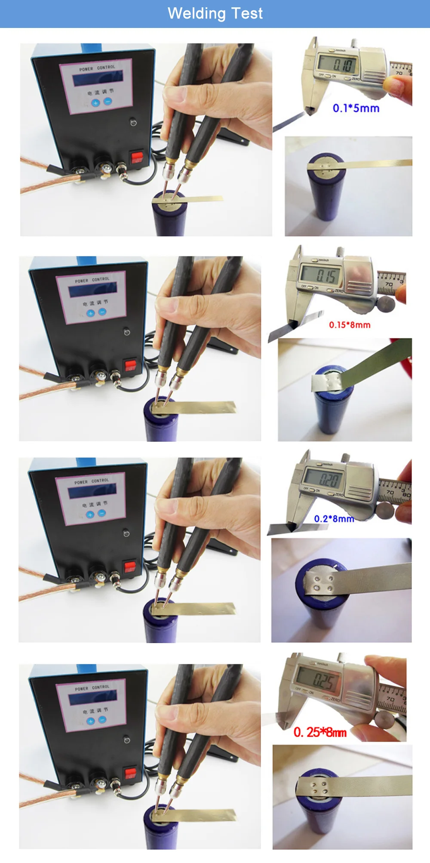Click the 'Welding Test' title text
pyautogui.click(x=215, y=13)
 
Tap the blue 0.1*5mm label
pyautogui.click(x=356, y=108)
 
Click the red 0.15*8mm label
pyautogui.click(x=350, y=325)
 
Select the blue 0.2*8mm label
pyautogui.click(x=334, y=518)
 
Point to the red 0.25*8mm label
pyautogui.click(x=320, y=732)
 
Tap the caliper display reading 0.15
pyautogui.click(x=322, y=274)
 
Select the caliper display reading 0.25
pyautogui.click(x=318, y=680)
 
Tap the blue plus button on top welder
pyautogui.click(x=95, y=103)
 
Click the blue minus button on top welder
pyautogui.click(x=108, y=102)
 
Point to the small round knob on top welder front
pyautogui.click(x=133, y=123)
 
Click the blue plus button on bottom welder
pyautogui.click(x=90, y=721)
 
